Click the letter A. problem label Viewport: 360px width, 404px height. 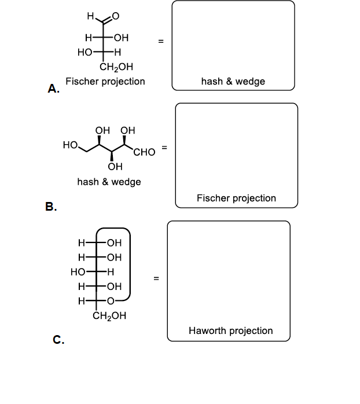(53, 89)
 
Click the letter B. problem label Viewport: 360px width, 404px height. (52, 206)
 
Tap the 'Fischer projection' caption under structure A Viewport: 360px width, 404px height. (105, 82)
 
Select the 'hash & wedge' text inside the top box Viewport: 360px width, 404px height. (233, 82)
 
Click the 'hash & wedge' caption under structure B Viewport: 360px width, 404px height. (109, 182)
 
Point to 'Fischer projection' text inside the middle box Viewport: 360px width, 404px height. (236, 198)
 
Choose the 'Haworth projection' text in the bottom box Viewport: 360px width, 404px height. (230, 330)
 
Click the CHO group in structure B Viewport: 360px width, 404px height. (144, 152)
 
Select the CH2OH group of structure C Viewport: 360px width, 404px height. (109, 316)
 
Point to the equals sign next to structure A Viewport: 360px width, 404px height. (161, 41)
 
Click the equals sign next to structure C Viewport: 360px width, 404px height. (155, 279)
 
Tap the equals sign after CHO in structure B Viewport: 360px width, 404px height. (165, 148)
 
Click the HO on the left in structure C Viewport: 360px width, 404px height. (77, 271)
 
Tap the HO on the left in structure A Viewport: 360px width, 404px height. (85, 52)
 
